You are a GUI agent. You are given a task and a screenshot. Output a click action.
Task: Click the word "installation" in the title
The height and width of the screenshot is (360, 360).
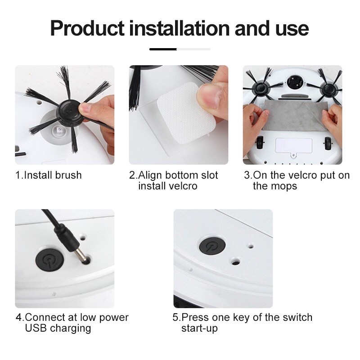[180, 28]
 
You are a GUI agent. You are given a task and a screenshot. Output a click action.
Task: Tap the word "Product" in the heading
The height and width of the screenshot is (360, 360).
[87, 28]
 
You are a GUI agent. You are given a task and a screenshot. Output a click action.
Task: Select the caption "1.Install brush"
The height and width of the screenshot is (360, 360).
[49, 175]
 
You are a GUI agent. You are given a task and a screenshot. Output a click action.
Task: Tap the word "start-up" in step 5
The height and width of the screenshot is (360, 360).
[199, 328]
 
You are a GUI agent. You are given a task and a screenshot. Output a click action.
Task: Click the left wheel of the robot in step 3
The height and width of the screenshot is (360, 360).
[260, 142]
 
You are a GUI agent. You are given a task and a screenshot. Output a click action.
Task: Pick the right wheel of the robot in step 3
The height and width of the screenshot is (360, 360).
[328, 144]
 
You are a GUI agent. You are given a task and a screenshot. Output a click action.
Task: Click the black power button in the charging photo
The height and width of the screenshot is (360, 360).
[49, 260]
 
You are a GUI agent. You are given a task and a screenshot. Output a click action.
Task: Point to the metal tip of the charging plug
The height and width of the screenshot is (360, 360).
[81, 254]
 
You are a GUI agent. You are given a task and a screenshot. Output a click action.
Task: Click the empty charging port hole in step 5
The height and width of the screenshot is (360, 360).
[235, 262]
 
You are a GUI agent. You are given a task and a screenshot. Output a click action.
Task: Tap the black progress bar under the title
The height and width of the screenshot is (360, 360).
[163, 49]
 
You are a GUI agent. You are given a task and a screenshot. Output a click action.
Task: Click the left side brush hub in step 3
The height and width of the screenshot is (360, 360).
[261, 89]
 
